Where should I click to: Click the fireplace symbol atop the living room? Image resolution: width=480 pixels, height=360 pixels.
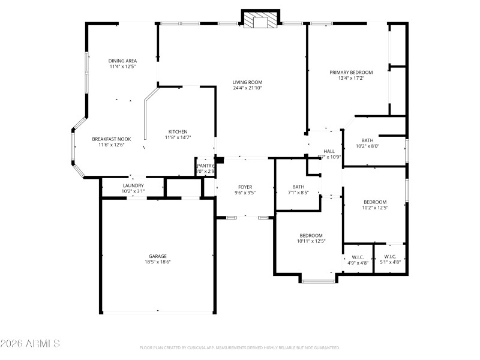[x=261, y=22]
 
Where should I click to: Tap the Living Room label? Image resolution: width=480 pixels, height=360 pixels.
[x=248, y=82]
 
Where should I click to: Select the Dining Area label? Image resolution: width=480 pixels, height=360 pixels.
[x=122, y=61]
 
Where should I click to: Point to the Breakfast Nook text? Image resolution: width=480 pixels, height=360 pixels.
[x=107, y=139]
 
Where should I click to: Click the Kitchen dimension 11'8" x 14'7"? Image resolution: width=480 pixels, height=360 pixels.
[x=178, y=137]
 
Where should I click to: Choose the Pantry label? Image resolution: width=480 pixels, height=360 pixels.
[x=205, y=166]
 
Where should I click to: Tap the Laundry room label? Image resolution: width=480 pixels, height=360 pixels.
[x=133, y=186]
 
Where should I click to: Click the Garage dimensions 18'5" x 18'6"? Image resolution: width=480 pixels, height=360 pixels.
[x=158, y=262]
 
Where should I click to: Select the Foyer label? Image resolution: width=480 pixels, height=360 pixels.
[x=244, y=187]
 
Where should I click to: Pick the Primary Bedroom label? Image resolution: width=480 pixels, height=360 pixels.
[x=351, y=72]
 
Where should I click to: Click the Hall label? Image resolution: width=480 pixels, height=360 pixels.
[x=329, y=151]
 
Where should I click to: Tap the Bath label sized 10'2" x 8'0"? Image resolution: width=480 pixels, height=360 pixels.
[x=367, y=140]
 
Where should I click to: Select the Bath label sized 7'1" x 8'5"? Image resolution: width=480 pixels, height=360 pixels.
[x=298, y=187]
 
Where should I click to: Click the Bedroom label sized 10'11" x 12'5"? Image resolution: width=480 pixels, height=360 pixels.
[x=311, y=235]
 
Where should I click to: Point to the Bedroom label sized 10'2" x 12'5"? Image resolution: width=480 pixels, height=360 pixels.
[x=375, y=202]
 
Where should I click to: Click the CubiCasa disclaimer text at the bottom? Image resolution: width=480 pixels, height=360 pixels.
[x=239, y=347]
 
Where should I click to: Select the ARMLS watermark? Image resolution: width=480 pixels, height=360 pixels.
[x=30, y=344]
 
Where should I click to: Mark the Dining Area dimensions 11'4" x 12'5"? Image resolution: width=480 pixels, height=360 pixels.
[x=122, y=67]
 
